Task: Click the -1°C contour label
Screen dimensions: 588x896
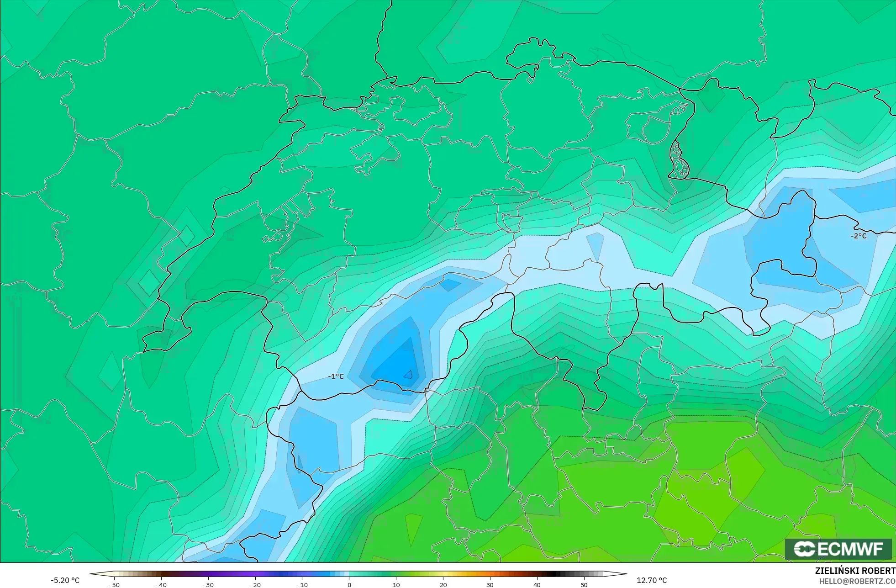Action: pos(336,376)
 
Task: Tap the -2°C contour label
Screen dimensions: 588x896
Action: pos(859,236)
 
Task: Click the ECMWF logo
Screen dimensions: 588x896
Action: pos(838,549)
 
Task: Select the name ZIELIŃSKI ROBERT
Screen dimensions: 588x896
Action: pos(855,571)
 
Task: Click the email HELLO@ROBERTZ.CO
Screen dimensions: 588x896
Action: pos(857,581)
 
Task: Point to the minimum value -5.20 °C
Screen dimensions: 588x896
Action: pos(65,580)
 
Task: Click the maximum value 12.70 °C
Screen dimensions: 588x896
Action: pos(652,580)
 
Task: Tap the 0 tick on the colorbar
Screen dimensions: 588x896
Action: pos(349,585)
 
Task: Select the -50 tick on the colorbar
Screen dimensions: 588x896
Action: pos(114,585)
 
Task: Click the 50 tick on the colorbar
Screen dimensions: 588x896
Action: pos(584,585)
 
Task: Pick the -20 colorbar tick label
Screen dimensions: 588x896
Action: pos(255,585)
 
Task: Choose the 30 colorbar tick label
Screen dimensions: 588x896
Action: pos(490,585)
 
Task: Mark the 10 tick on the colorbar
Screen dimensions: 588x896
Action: pos(396,585)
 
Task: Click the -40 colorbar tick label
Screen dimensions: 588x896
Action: pos(161,585)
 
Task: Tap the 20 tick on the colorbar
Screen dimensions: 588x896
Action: pos(443,585)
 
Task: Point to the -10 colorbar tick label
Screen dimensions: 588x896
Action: pos(302,585)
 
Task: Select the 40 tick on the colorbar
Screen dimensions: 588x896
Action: pos(537,585)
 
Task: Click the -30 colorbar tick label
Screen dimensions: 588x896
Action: pos(208,585)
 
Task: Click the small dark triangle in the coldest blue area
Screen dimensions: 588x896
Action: pos(408,375)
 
